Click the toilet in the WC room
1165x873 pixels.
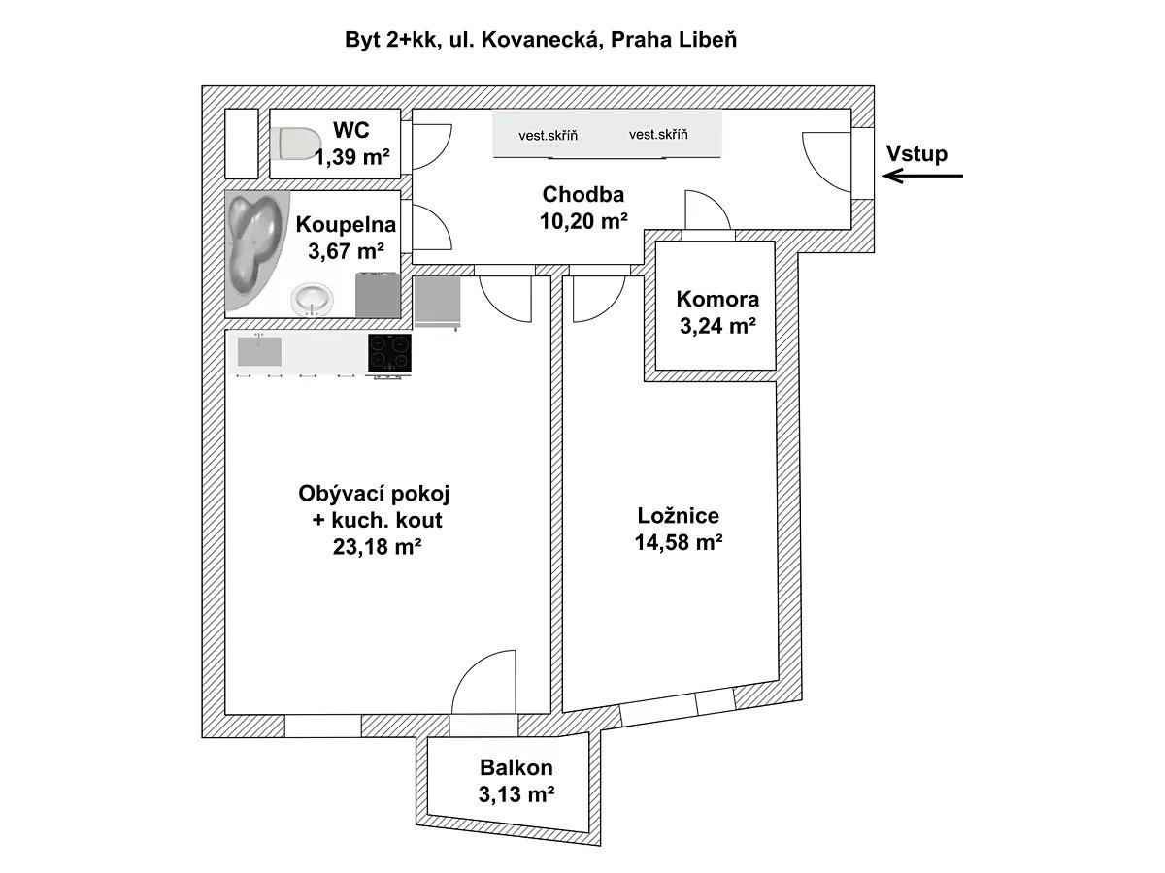296,144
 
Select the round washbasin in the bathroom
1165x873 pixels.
312,300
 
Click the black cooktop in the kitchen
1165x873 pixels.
389,352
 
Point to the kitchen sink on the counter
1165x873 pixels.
259,350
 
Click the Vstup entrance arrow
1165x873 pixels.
922,176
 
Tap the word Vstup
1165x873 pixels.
916,153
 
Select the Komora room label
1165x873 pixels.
717,300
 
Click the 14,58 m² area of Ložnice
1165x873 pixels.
679,542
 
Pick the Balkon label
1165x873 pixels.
516,767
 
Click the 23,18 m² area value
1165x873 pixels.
378,546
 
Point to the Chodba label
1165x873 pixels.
583,195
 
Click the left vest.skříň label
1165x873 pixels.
549,136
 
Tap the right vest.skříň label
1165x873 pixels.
658,135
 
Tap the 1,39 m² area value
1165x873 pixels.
351,157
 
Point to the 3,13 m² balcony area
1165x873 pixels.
516,794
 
